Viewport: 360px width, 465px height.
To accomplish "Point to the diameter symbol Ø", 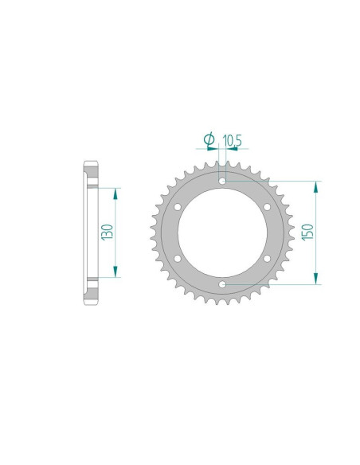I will (x=209, y=139).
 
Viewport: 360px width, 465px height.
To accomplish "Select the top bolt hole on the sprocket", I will (x=223, y=182).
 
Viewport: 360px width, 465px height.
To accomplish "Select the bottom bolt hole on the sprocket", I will (x=223, y=283).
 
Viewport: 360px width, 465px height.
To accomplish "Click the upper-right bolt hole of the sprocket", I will (x=268, y=206).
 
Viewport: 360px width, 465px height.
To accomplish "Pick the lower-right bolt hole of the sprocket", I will (x=268, y=257).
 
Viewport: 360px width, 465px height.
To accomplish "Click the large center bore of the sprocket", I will (x=223, y=232).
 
